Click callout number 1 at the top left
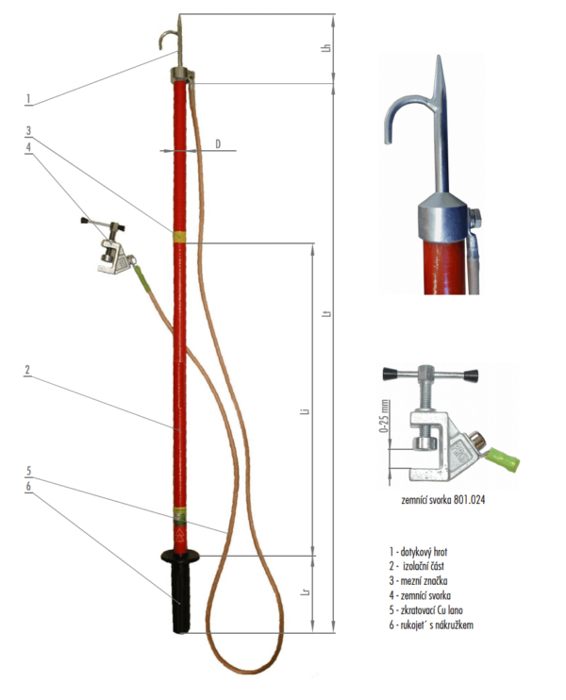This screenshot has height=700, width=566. pos(29,98)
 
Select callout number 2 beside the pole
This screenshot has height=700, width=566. pos(29,371)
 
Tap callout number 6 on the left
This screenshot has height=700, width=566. pos(29,486)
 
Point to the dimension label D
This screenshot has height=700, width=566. pos(218,143)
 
